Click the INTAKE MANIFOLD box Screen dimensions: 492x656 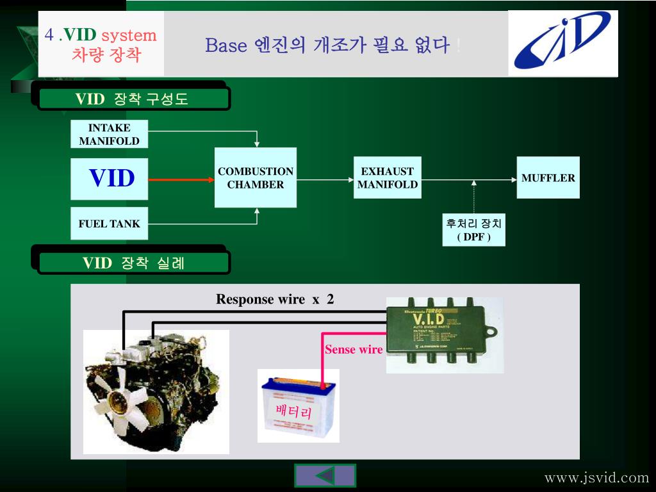coord(109,135)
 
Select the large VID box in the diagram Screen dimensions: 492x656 coord(110,179)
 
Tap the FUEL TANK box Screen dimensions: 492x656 coord(109,224)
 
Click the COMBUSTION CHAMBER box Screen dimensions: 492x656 coord(256,178)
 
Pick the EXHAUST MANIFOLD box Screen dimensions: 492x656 coord(388,178)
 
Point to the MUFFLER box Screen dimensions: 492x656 coord(548,178)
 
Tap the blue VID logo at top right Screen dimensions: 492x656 coord(563,42)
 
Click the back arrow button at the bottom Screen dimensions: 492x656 coord(325,476)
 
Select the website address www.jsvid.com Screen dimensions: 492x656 coord(596,478)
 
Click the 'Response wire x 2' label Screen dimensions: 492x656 coord(275,299)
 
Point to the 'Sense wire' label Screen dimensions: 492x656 coord(354,350)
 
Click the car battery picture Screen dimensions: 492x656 coord(298,406)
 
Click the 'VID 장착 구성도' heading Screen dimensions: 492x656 coord(133,99)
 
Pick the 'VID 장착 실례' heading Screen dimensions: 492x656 coord(133,263)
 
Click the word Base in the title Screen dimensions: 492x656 coord(226,45)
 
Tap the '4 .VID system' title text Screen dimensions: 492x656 coord(101,35)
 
